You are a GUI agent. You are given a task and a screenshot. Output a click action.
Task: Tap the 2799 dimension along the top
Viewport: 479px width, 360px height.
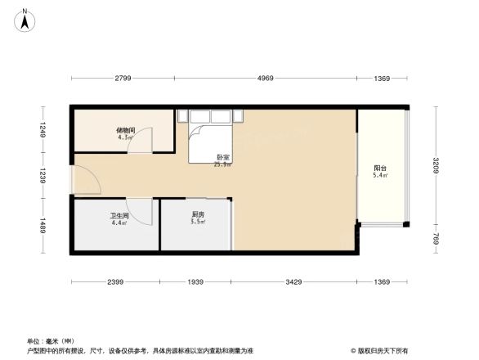point(123,79)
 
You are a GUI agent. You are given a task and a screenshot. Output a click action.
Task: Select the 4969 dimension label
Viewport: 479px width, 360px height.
point(266,79)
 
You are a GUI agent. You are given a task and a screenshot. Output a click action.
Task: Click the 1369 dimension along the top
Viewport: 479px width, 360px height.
point(382,79)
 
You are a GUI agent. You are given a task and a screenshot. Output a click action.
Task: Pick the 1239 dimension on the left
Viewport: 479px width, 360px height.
point(38,175)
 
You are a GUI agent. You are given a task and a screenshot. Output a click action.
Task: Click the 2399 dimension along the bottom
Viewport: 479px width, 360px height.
point(114,282)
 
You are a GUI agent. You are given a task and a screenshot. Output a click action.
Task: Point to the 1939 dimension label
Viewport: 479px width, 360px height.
point(196,282)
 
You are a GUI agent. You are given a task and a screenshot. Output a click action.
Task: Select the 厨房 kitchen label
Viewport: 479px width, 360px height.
point(197,217)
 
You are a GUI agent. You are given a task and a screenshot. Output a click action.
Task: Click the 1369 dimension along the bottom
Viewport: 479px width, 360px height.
point(382,282)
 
